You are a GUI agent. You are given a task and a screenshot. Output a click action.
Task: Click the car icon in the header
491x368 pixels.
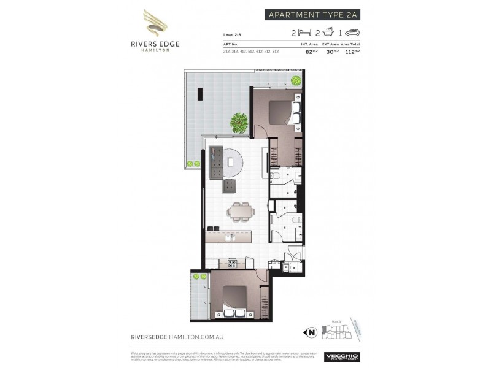[x=352, y=33]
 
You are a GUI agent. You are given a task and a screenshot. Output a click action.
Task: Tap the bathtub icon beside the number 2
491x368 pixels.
[x=329, y=33]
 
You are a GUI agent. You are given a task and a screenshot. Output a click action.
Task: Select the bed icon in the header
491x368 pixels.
[x=303, y=33]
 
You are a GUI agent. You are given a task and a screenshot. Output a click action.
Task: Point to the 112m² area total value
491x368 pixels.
[x=352, y=52]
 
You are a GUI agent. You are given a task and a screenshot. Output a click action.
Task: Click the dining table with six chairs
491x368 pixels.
[x=240, y=210]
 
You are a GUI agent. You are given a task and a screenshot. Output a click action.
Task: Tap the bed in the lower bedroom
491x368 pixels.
[x=233, y=302]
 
